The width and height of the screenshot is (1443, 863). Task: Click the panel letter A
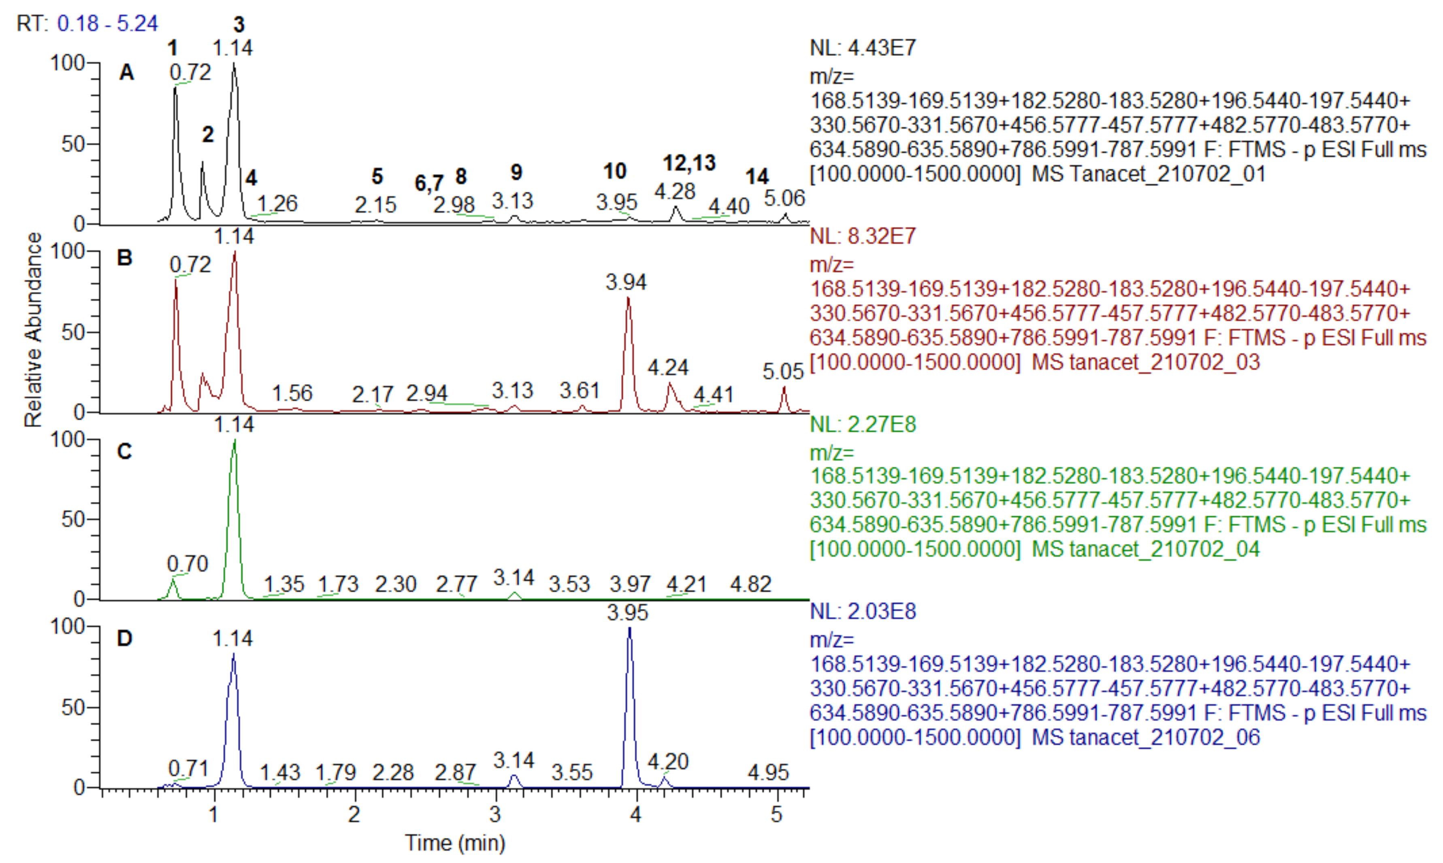126,73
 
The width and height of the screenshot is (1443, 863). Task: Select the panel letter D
124,638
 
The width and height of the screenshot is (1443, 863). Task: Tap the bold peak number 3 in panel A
239,24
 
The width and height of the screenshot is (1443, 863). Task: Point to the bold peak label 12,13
689,164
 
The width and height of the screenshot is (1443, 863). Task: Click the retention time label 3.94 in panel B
626,283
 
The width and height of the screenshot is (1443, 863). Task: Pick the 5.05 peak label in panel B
783,372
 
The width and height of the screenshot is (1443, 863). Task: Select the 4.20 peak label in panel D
669,761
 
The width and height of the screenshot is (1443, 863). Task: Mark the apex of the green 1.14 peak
234,440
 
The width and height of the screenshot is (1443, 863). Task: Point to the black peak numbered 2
202,163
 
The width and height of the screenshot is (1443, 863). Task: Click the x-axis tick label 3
496,815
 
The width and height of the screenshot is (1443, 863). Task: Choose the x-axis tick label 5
777,815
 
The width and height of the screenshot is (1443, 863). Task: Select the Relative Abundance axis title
34,330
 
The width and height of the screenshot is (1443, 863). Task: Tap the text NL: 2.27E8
863,425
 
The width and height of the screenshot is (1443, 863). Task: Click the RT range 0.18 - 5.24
108,24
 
